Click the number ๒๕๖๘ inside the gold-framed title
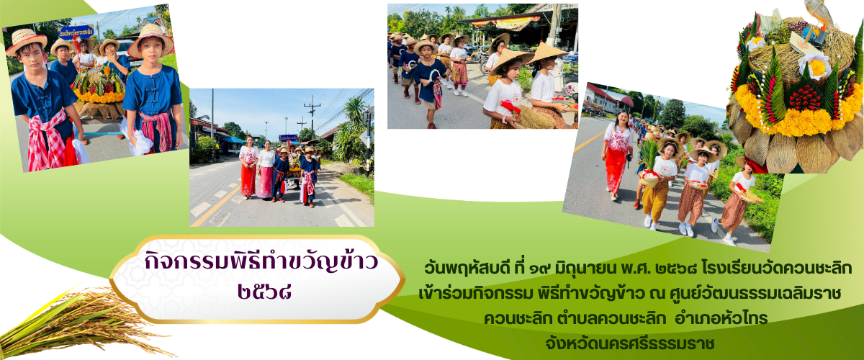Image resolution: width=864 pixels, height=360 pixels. point(264,292)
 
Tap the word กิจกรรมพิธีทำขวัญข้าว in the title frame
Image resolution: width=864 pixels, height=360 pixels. point(261,262)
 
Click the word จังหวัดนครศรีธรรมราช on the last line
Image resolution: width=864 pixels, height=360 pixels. point(630,343)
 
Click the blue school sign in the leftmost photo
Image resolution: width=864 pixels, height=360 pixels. point(76,32)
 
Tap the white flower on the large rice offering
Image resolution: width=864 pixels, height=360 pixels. point(816,65)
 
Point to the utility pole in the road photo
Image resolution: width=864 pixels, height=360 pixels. point(312,116)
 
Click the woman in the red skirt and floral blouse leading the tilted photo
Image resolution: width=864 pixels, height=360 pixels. point(616,154)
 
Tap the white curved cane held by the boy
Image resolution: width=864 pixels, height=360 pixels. point(428,76)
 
